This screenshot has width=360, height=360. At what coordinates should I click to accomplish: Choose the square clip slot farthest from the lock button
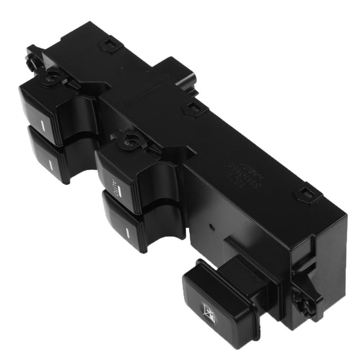click(x=108, y=44)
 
